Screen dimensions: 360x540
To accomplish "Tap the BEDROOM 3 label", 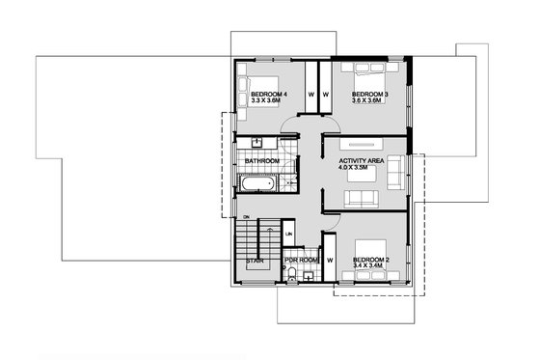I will tap(370, 94).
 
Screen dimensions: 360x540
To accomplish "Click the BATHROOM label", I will tap(261, 161).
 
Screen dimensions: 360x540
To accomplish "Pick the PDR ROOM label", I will tap(300, 261).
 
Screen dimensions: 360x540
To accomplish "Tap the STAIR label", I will tap(255, 261).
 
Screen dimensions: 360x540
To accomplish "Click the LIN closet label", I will tap(288, 235).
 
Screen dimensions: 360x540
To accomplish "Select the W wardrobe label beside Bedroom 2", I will tap(329, 261).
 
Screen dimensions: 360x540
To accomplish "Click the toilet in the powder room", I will tap(291, 276).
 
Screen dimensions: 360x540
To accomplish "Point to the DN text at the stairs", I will tap(247, 216).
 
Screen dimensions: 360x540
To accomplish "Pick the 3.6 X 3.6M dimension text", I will tap(370, 101).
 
